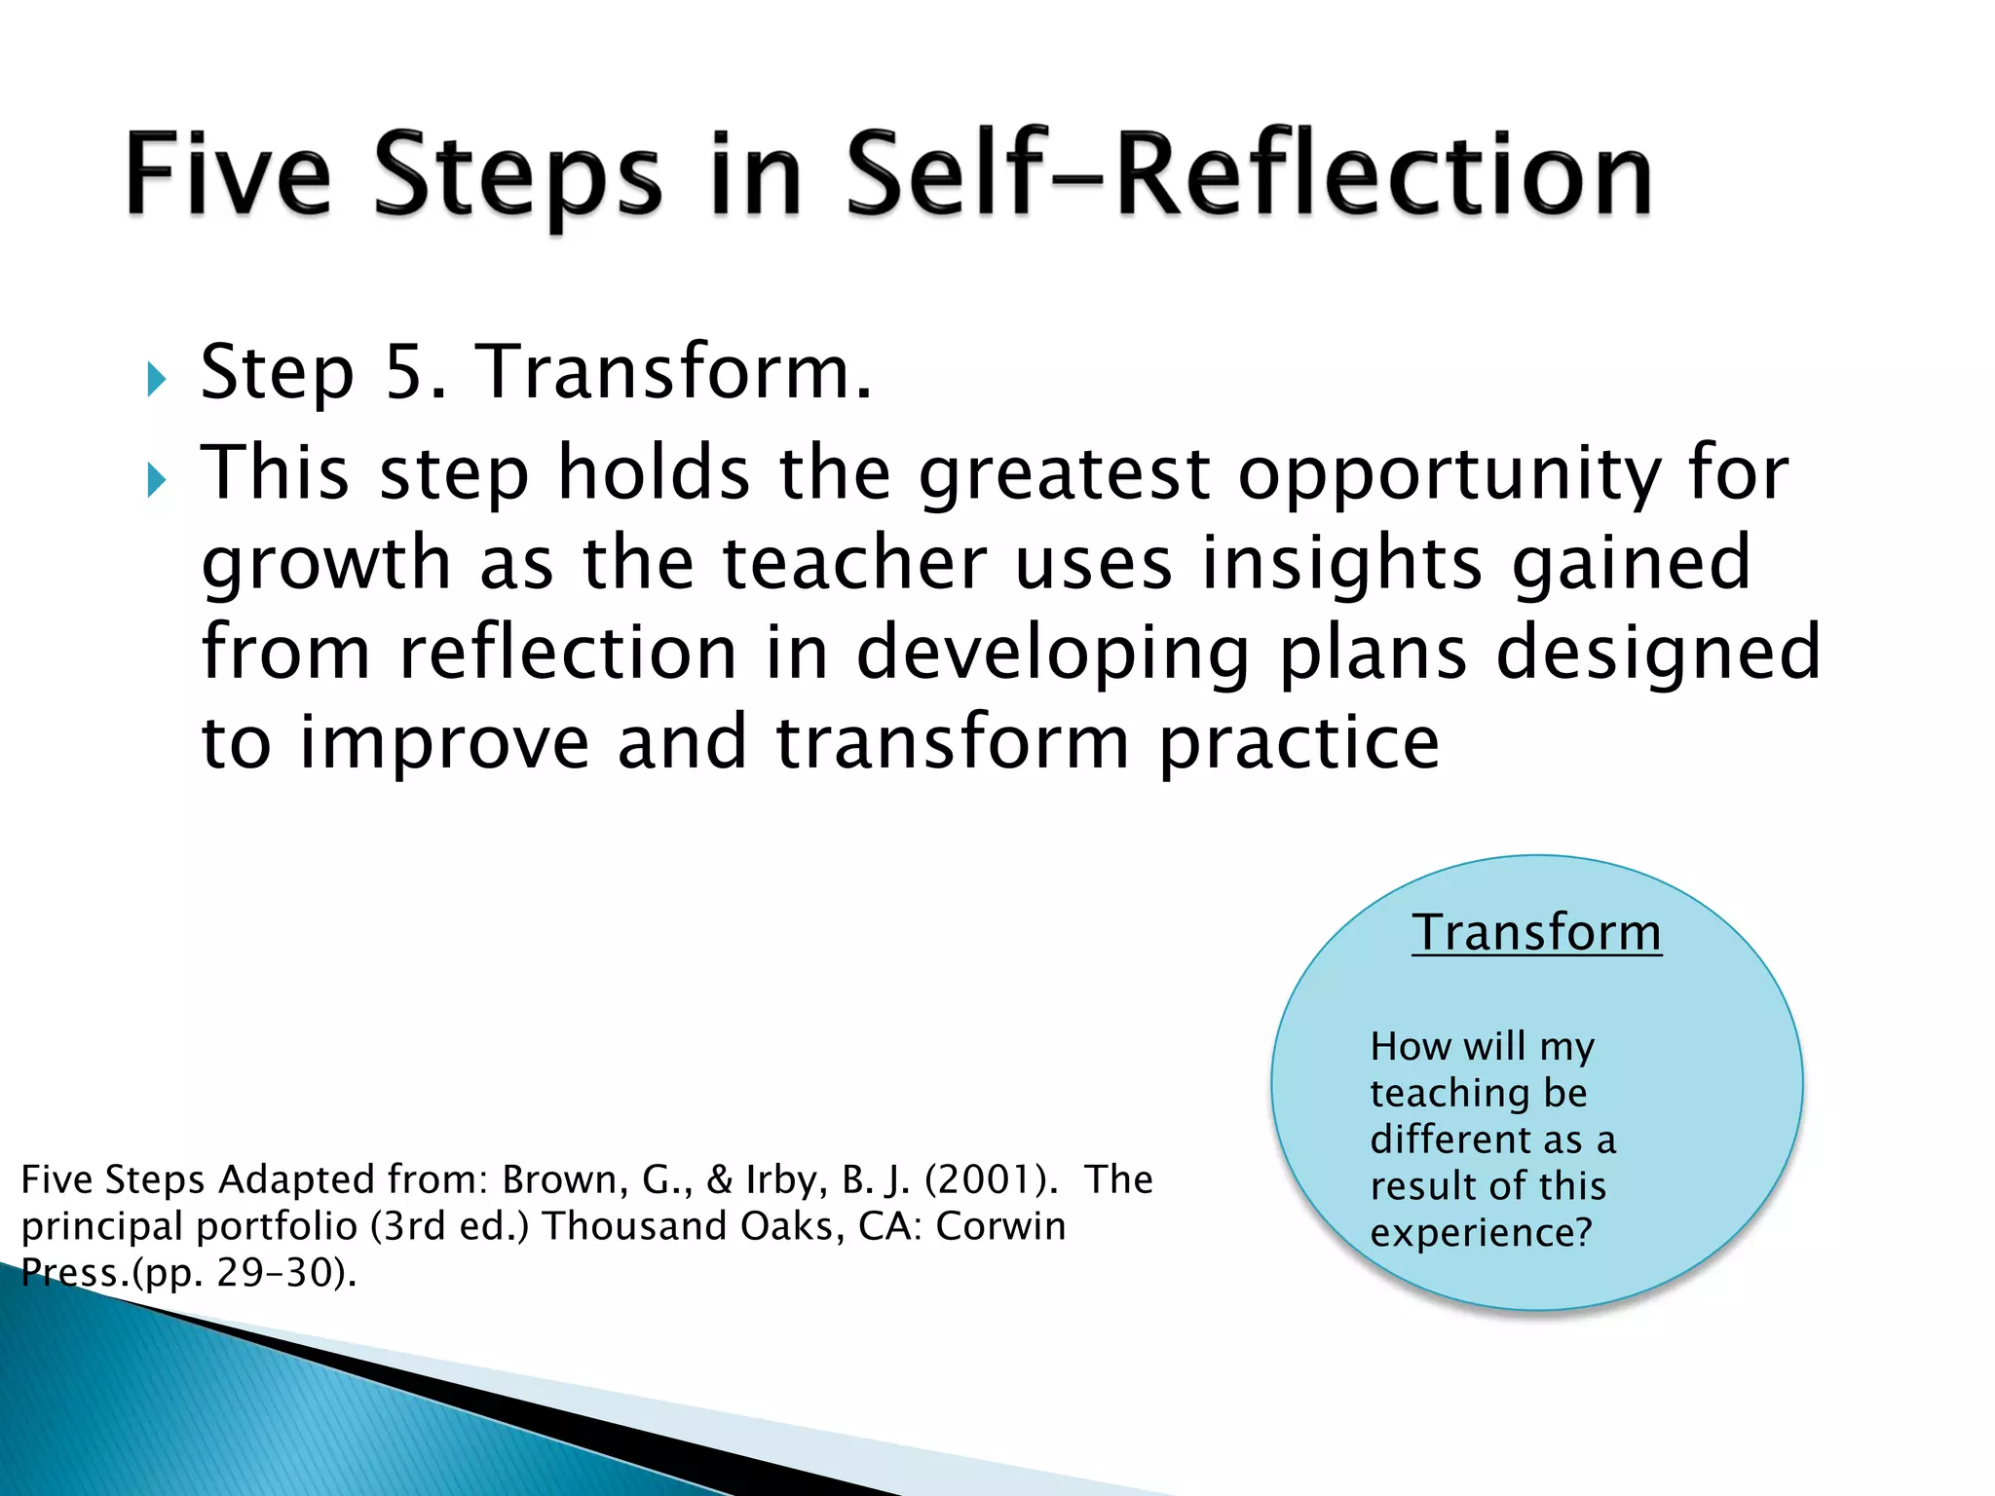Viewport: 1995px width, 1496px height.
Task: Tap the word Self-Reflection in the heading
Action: [x=1248, y=175]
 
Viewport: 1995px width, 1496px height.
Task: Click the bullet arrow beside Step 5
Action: [x=156, y=379]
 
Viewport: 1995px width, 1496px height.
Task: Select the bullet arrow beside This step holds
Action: [x=156, y=479]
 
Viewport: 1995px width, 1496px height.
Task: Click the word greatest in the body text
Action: [x=1064, y=473]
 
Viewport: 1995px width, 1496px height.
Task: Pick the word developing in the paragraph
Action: [x=1052, y=654]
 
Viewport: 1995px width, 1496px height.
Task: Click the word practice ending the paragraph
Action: [x=1299, y=744]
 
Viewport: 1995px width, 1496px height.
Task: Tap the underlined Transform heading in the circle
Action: [x=1536, y=932]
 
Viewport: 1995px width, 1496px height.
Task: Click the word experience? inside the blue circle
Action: [x=1481, y=1233]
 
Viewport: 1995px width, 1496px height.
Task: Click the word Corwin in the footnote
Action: [x=1000, y=1226]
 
